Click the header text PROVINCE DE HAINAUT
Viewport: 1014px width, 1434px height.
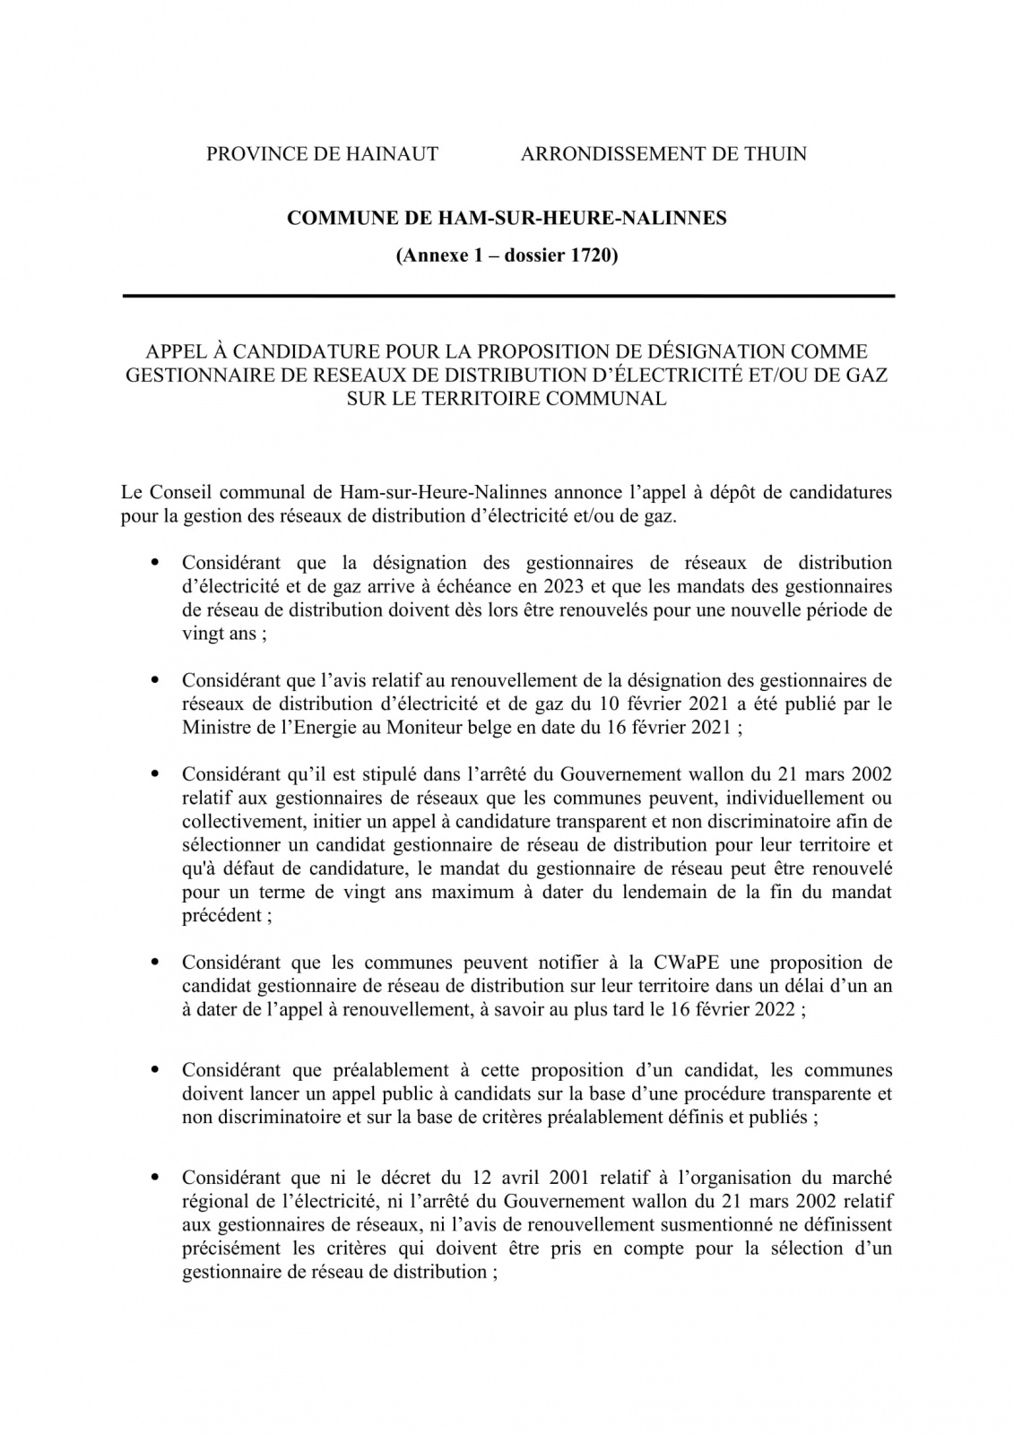(x=322, y=154)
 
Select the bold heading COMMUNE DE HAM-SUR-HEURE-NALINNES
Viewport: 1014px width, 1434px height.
(x=507, y=218)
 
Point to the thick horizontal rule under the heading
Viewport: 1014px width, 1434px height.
(x=507, y=296)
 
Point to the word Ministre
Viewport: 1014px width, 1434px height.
(x=215, y=728)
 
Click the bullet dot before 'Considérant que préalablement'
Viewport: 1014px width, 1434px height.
(x=155, y=1070)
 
